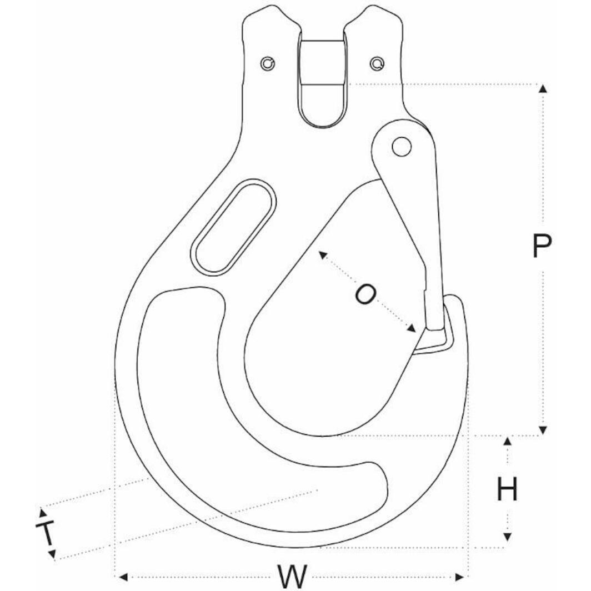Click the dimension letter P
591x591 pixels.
[x=542, y=246]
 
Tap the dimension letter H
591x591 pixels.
[x=507, y=490]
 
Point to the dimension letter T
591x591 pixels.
[x=47, y=533]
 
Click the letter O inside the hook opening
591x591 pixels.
[x=365, y=294]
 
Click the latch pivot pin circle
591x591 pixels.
[x=401, y=147]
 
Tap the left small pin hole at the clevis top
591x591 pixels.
[x=268, y=64]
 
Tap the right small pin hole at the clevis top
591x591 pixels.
[x=378, y=64]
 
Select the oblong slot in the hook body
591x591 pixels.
[x=233, y=227]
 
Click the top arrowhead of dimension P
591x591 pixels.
[x=543, y=88]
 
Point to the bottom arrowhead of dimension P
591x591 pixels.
[x=543, y=430]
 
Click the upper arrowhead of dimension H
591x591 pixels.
[x=507, y=441]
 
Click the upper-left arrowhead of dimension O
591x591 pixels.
[x=320, y=254]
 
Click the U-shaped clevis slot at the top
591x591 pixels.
[x=322, y=83]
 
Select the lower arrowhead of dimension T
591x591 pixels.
[x=52, y=554]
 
